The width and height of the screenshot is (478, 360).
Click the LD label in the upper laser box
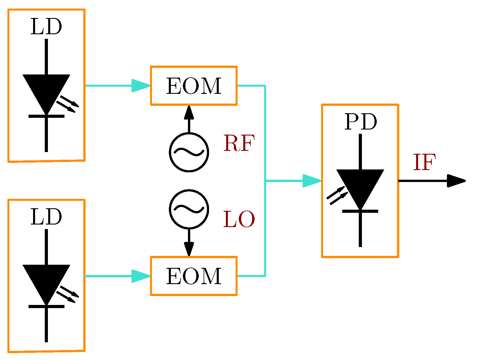[x=46, y=27]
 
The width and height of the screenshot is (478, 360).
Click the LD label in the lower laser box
[x=46, y=217]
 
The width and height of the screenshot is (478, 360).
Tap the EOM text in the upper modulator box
[x=194, y=86]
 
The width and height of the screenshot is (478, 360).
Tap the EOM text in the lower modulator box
[x=194, y=276]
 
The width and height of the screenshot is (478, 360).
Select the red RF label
[x=239, y=143]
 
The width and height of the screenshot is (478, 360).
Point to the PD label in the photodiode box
[x=360, y=122]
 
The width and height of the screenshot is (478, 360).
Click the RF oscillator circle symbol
[x=189, y=152]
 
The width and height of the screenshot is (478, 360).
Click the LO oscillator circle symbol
[x=189, y=209]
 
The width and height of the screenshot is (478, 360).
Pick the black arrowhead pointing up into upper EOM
[x=189, y=112]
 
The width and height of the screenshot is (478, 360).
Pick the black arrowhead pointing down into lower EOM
[x=189, y=249]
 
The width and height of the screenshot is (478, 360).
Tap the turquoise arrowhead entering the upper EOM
[x=140, y=86]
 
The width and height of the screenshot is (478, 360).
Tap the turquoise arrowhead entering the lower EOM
[x=140, y=276]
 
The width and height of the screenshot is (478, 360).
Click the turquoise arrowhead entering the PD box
[x=311, y=181]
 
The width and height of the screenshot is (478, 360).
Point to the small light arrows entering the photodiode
[x=337, y=195]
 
